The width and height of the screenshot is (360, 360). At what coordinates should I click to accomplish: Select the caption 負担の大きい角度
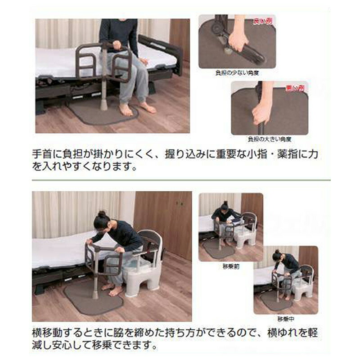pos(269,139)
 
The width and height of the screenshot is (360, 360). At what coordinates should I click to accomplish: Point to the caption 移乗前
pos(231,266)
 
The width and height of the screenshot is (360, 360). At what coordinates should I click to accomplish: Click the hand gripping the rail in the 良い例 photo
pos(237,41)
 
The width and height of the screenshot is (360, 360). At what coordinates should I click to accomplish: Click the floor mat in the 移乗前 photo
pos(218,249)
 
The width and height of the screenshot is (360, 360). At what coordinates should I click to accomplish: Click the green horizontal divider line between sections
pos(180,180)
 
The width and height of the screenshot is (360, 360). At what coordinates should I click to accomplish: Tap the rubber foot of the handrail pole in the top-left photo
pos(104,107)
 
